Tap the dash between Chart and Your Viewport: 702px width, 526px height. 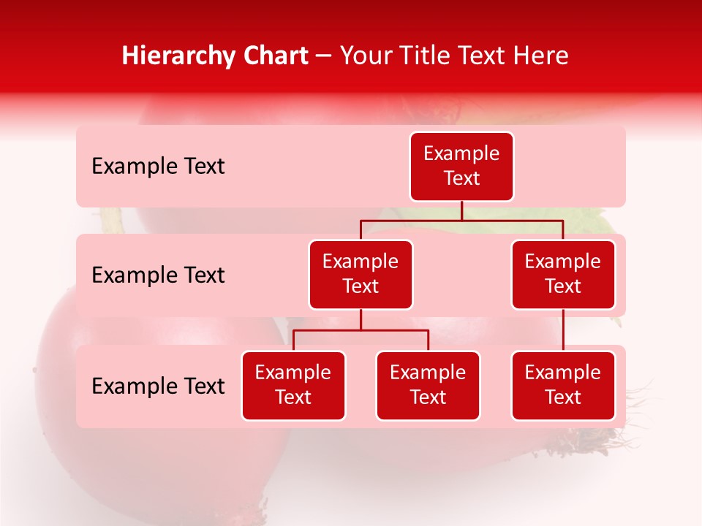point(324,56)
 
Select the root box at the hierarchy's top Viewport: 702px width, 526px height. point(461,166)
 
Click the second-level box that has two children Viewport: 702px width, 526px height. point(361,274)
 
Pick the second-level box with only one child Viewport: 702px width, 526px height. point(563,274)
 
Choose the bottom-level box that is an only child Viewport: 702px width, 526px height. point(563,385)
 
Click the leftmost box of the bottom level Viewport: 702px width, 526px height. point(293,385)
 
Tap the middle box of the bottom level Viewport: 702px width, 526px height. point(428,385)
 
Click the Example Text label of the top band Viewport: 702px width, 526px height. point(158,167)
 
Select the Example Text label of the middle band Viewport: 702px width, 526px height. point(158,275)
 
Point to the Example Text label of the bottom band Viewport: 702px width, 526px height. point(158,386)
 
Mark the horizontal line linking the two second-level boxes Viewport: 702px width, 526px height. point(461,220)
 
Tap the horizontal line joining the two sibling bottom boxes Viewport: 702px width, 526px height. point(361,330)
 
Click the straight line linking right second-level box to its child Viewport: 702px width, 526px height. point(563,330)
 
